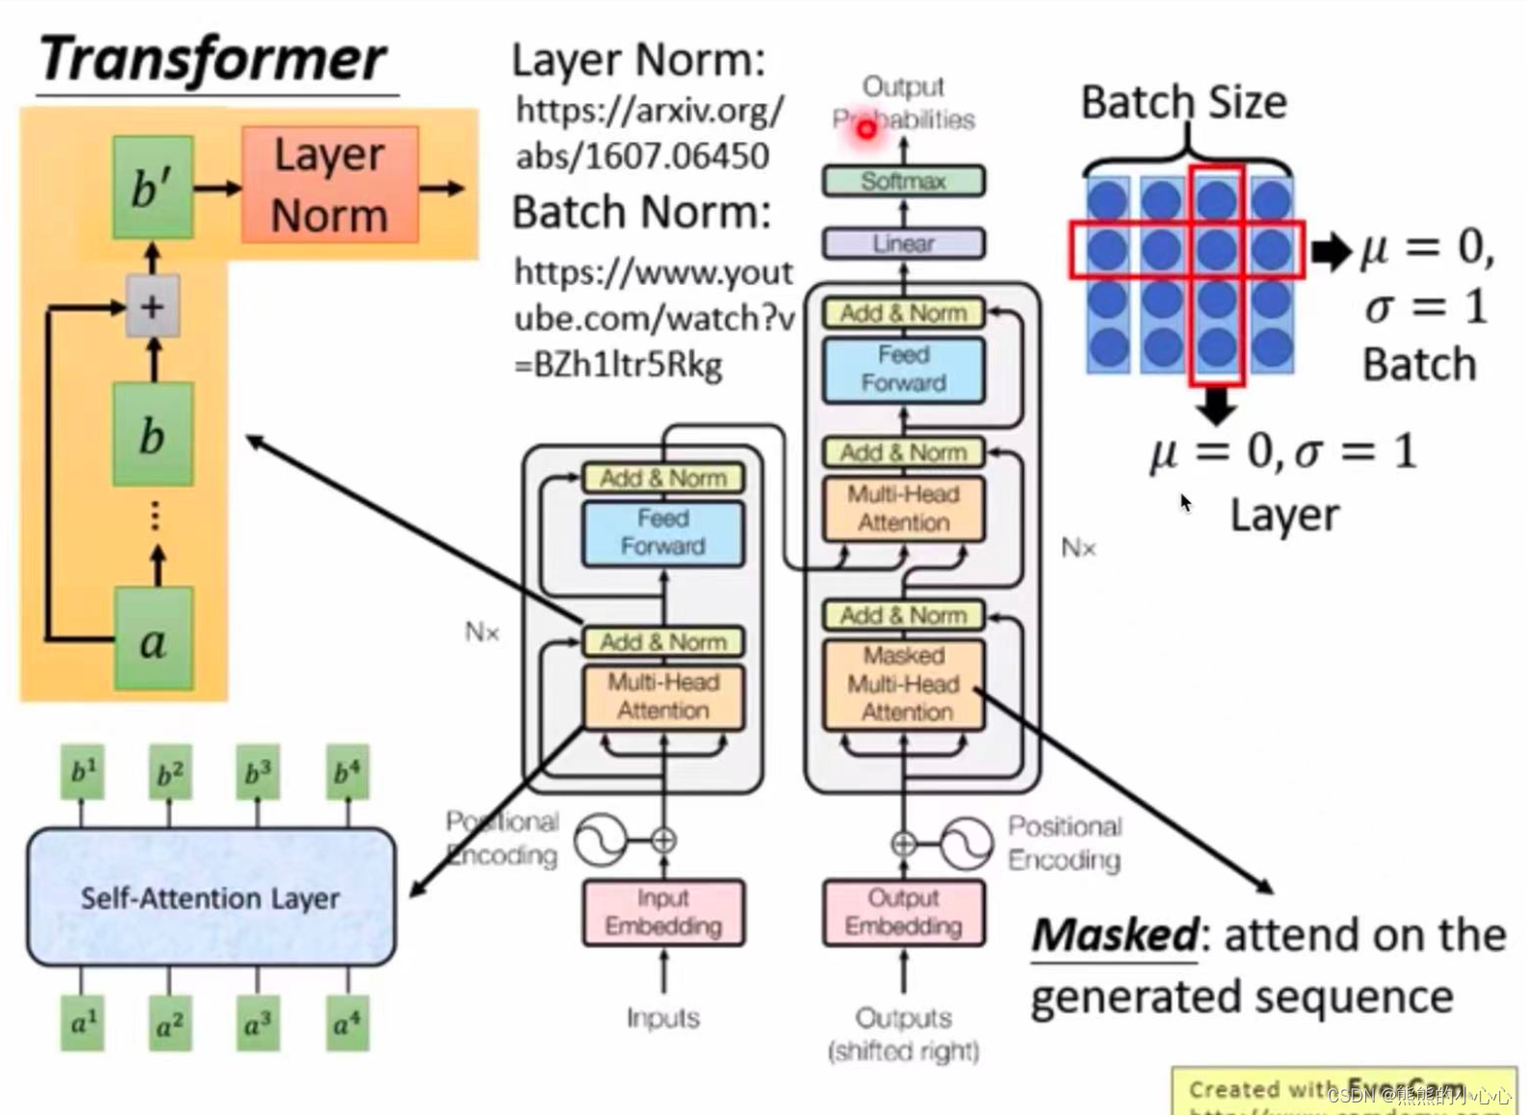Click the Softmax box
(x=903, y=181)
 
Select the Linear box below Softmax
(x=903, y=244)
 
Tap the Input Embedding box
(x=663, y=912)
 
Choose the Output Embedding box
(x=903, y=912)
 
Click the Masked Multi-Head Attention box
(x=903, y=684)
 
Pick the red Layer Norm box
(x=329, y=185)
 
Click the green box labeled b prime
(x=152, y=187)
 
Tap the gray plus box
(x=152, y=307)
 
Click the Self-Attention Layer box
(x=211, y=897)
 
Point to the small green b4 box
(x=347, y=771)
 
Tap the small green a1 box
(x=83, y=1023)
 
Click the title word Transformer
(x=212, y=60)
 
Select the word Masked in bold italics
(x=1115, y=935)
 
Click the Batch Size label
(x=1183, y=102)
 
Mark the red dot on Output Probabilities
(x=866, y=128)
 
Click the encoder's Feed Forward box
(x=663, y=532)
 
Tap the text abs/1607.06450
(x=642, y=155)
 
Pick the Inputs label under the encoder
(x=663, y=1018)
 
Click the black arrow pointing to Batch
(x=1332, y=251)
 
